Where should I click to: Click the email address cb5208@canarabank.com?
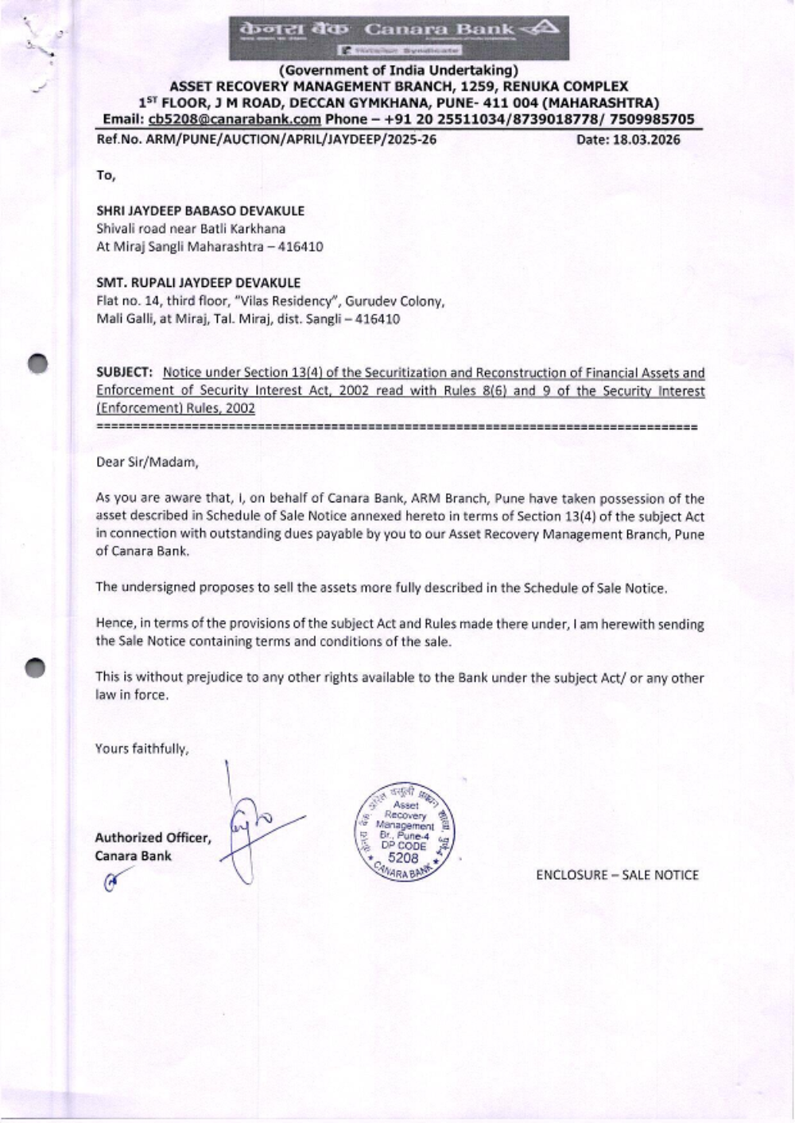235,119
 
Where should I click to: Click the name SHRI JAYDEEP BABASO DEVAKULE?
200,211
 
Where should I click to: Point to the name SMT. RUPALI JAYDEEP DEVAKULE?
198,282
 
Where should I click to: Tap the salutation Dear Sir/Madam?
146,461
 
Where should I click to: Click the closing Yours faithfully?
142,748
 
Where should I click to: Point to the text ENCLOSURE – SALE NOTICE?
617,875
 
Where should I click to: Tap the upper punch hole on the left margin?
37,363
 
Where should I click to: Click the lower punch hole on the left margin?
37,668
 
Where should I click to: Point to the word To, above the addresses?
106,175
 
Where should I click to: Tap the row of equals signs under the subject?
396,428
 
